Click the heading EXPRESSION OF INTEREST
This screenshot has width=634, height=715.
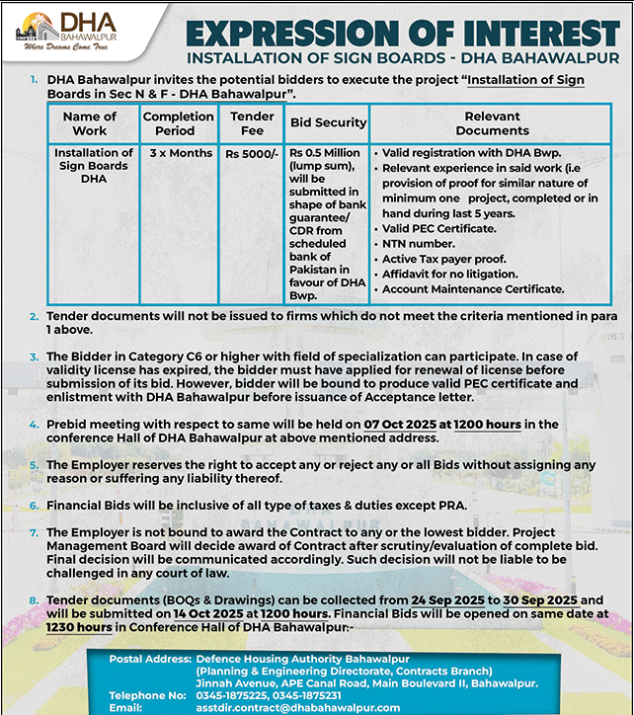pos(403,33)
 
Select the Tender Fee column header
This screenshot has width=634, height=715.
pos(252,122)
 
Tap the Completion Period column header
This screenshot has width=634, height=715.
pos(178,122)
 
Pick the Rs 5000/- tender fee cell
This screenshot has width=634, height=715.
pos(252,154)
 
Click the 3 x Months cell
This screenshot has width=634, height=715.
pos(181,154)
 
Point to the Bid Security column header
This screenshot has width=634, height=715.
pos(328,122)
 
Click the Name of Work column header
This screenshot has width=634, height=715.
pos(90,122)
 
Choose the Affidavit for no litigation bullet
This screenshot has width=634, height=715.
pos(449,274)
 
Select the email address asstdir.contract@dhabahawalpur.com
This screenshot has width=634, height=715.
pos(297,707)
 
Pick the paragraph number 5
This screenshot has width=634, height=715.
pos(35,463)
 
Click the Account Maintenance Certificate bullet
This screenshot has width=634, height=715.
pos(473,289)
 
